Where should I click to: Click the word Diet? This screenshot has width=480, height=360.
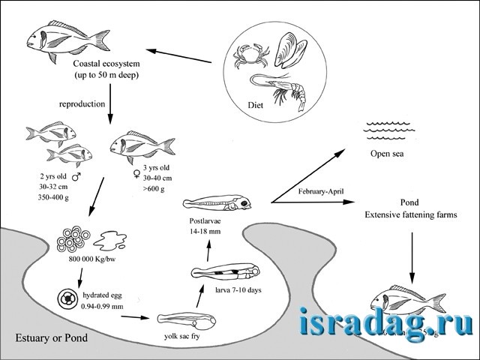(257, 106)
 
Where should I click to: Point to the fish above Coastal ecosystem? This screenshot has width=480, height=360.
(61, 38)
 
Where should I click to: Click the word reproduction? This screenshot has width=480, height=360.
(82, 104)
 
